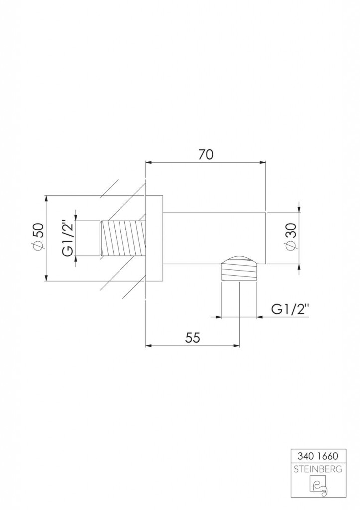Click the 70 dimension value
coord(206,154)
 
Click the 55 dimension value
coord(193,338)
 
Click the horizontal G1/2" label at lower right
coord(290,309)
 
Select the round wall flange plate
coord(154,239)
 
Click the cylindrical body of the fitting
coord(215,238)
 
